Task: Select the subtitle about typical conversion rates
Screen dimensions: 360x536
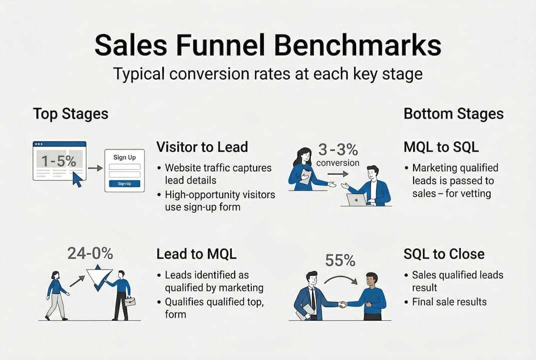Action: (x=268, y=73)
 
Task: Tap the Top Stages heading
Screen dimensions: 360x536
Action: (x=70, y=113)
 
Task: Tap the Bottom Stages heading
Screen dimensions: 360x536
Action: (x=454, y=113)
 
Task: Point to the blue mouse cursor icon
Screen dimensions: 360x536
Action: (x=76, y=178)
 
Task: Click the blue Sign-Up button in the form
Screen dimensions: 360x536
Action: (x=124, y=183)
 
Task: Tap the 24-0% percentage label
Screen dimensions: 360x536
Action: (x=90, y=253)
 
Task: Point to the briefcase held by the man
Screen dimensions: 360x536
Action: (x=129, y=301)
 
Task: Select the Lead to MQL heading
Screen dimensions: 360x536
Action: (x=196, y=253)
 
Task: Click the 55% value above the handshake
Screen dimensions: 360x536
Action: (x=340, y=260)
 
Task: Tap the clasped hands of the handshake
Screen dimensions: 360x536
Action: (x=342, y=303)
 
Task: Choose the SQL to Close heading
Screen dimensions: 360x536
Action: (x=444, y=253)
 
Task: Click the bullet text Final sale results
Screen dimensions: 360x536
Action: (x=449, y=301)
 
